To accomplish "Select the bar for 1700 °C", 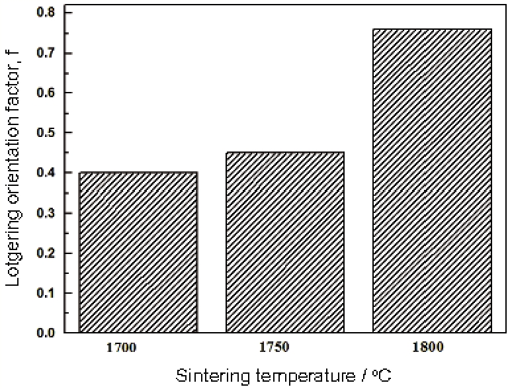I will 138,252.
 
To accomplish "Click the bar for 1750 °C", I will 285,242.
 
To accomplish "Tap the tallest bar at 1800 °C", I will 432,180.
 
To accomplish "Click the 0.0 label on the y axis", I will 46,333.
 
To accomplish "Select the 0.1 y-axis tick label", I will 46,292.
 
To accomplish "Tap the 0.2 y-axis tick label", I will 46,253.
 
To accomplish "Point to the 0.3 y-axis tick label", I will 46,213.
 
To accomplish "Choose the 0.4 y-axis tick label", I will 46,173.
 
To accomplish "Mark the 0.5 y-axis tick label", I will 46,132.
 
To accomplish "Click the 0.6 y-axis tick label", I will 46,93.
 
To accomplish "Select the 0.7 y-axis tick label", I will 46,53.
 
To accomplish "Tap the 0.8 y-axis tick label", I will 46,13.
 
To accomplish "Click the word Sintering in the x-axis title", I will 202,376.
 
